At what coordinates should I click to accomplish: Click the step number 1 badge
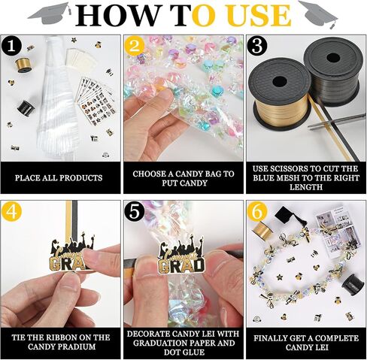click(11, 47)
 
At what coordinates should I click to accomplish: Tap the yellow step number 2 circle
click(135, 47)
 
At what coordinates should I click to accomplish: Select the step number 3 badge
click(257, 47)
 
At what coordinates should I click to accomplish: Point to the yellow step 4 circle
click(11, 211)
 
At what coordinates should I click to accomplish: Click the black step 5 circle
click(135, 211)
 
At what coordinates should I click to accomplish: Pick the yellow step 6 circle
click(257, 211)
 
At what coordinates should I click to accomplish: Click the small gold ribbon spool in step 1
click(23, 65)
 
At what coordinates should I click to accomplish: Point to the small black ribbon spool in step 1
click(26, 107)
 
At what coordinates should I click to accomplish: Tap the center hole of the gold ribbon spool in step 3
click(280, 81)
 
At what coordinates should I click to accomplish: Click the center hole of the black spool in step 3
click(333, 58)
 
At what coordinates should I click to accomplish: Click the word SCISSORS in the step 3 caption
click(290, 168)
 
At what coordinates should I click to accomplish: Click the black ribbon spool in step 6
click(353, 285)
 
